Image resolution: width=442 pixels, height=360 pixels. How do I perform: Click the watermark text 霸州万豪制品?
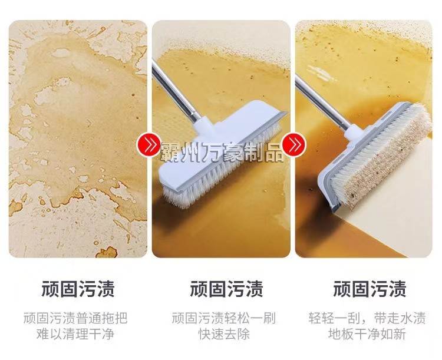222,152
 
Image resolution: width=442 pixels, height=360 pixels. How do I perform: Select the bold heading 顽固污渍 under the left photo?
78,289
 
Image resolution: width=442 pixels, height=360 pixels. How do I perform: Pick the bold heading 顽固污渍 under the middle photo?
226,289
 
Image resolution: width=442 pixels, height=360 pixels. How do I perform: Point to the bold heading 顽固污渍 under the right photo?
370,289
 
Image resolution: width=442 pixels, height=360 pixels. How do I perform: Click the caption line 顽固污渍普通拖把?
75,318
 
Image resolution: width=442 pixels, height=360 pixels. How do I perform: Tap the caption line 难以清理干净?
75,334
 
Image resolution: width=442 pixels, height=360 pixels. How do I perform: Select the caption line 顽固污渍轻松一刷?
224,318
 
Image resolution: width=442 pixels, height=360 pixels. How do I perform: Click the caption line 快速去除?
224,334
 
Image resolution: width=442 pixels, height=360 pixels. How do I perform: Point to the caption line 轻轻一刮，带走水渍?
367,318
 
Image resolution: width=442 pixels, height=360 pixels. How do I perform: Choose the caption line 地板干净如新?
367,334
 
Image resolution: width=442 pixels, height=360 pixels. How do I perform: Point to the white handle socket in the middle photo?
203,126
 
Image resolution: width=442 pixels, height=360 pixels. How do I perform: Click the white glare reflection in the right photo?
321,72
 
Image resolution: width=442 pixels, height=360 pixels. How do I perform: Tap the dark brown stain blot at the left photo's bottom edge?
107,252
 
